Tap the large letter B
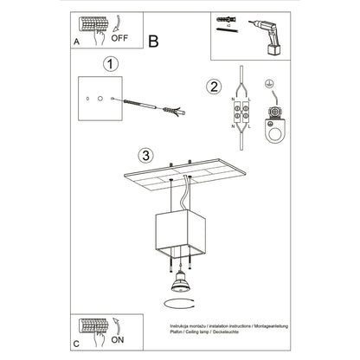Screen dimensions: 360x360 click(153, 39)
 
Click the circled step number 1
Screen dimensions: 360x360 click(109, 64)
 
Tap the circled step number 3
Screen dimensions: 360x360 click(146, 156)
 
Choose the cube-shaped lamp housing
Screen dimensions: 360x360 click(181, 231)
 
